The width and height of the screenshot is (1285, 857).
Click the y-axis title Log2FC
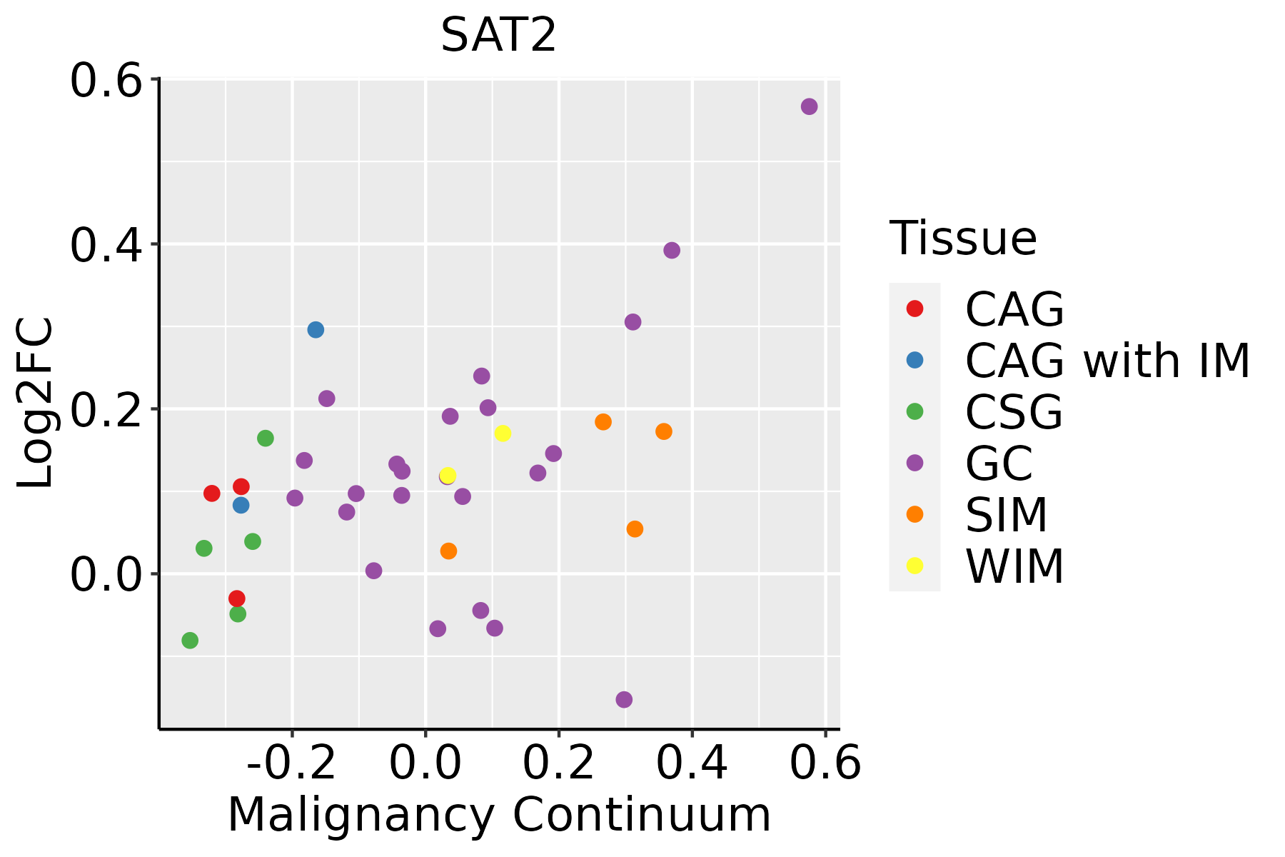click(36, 404)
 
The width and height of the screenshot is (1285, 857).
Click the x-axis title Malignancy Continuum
click(499, 815)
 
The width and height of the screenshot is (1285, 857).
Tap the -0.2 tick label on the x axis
click(291, 763)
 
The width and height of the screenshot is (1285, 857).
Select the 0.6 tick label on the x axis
click(825, 763)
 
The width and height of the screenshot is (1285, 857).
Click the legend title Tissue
click(963, 239)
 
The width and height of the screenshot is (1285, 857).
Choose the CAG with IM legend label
click(1107, 361)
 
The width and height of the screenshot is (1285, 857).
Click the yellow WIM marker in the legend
click(914, 566)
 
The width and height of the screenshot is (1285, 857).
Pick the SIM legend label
click(1007, 515)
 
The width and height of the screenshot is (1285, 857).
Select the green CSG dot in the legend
click(914, 411)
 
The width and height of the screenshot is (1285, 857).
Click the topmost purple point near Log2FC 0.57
click(809, 106)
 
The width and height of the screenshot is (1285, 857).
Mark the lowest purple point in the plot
click(624, 699)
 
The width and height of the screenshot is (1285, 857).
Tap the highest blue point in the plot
click(316, 330)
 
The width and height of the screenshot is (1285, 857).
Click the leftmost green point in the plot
click(190, 641)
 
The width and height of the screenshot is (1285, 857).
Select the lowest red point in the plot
click(237, 598)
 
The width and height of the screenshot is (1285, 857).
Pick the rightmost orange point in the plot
click(664, 431)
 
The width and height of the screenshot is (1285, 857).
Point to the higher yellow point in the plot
click(503, 433)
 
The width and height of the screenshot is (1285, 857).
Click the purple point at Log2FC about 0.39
click(672, 250)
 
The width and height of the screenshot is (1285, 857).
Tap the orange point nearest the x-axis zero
click(448, 551)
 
